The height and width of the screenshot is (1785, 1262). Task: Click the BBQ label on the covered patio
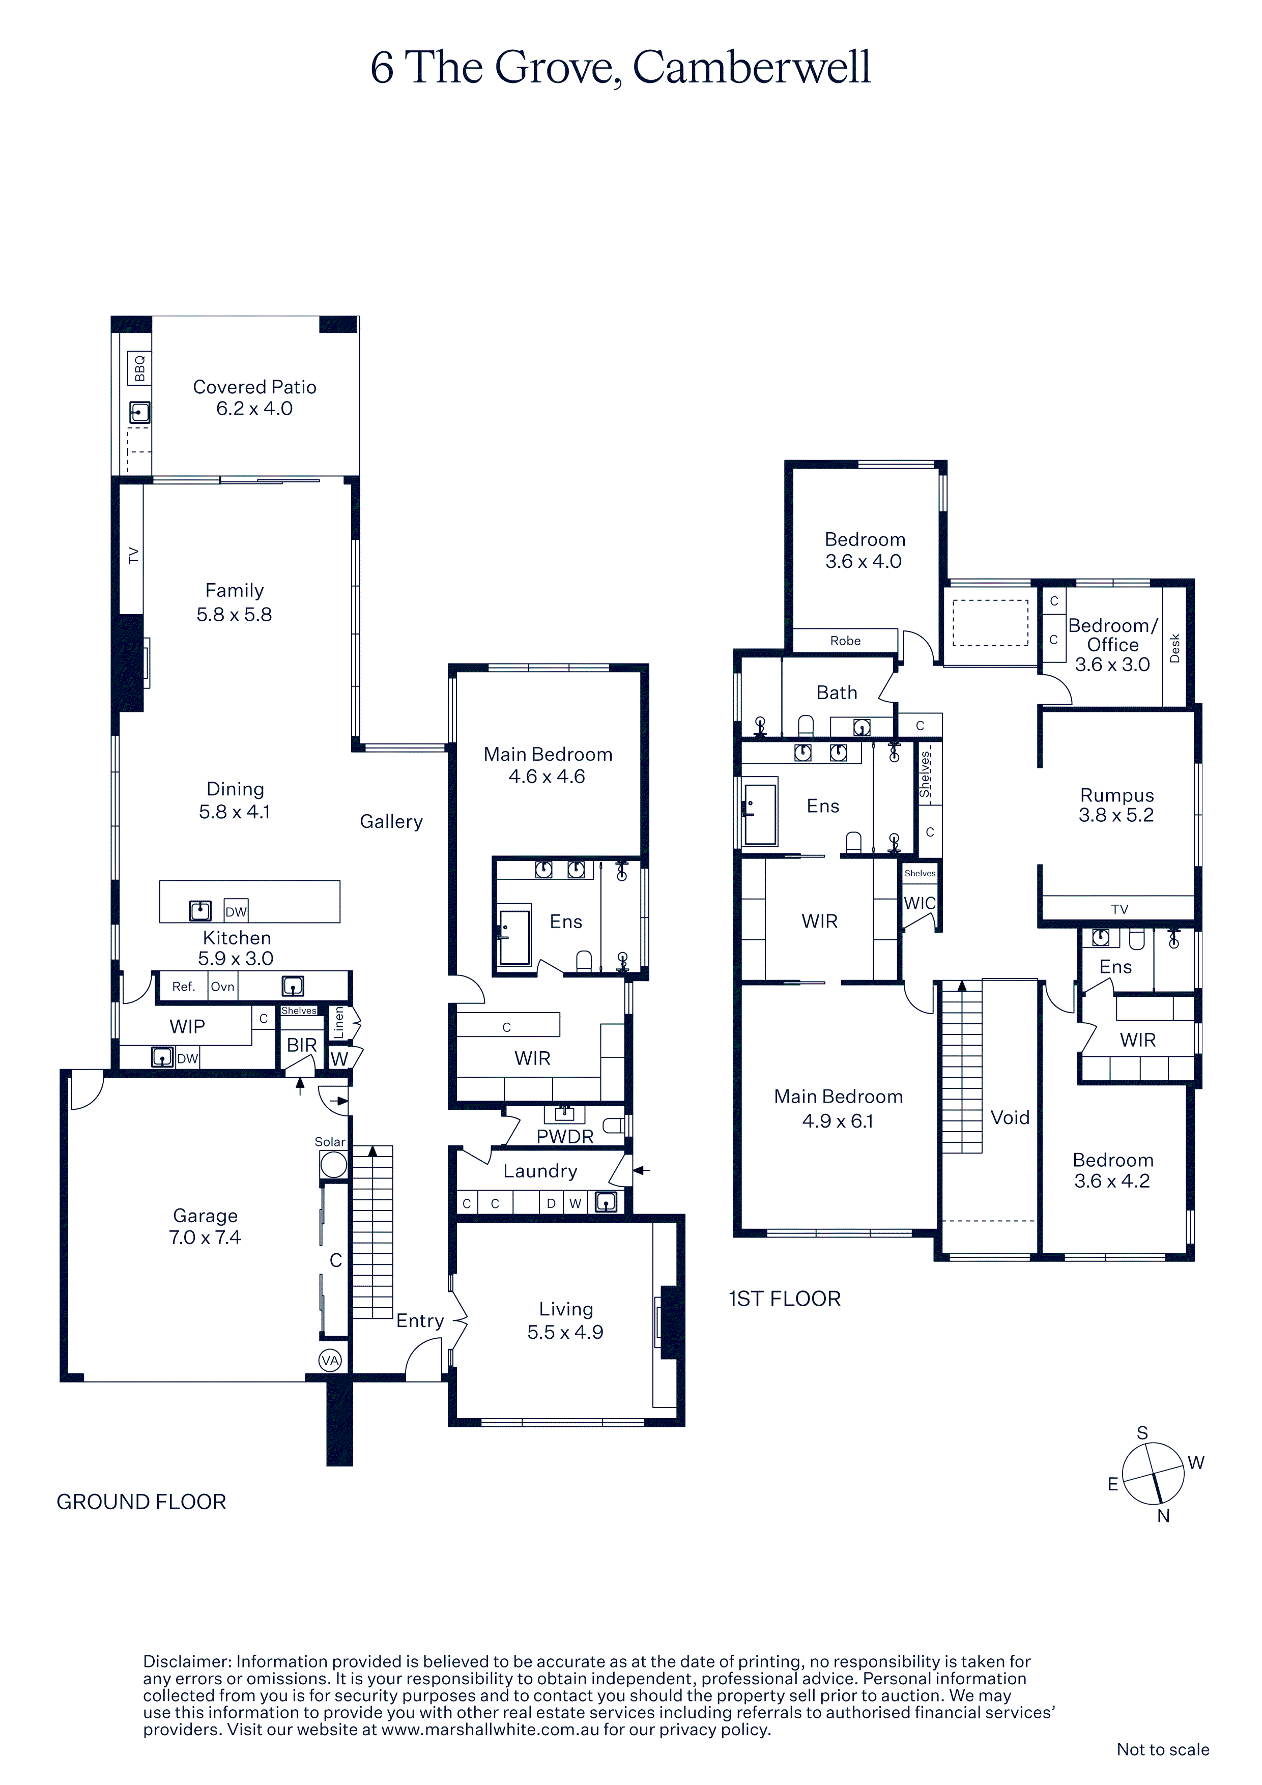(x=140, y=368)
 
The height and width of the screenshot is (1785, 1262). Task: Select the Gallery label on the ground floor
(x=391, y=822)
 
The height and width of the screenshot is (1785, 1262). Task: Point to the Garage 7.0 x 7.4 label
(x=205, y=1226)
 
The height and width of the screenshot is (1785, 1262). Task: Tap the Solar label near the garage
(x=330, y=1141)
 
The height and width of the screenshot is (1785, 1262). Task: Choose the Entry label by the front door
(x=420, y=1321)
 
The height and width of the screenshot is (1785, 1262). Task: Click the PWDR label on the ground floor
(x=564, y=1137)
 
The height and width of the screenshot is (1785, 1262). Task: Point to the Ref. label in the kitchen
(x=184, y=987)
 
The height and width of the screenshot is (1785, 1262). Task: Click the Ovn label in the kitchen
(x=222, y=987)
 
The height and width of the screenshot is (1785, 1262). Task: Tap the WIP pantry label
(x=187, y=1026)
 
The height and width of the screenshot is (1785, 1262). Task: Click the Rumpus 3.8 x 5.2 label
(x=1116, y=804)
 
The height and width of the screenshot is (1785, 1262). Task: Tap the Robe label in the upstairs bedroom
(x=845, y=641)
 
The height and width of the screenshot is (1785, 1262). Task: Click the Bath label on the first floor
(x=837, y=693)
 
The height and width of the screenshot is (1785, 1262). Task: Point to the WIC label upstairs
(x=920, y=903)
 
